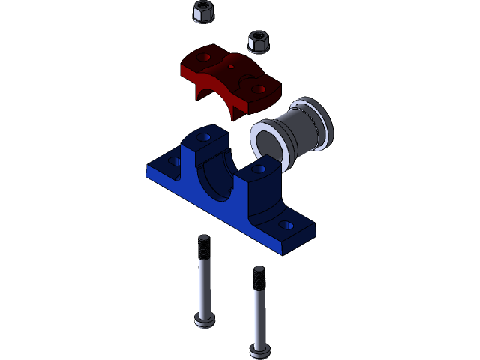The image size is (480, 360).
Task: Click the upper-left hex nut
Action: pos(202,11)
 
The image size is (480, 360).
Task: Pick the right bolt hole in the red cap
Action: pos(260,88)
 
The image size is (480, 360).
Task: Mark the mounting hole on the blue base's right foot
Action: pos(286,224)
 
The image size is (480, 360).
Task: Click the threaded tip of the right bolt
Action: pos(259,277)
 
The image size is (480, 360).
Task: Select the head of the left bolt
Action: pos(204,320)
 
